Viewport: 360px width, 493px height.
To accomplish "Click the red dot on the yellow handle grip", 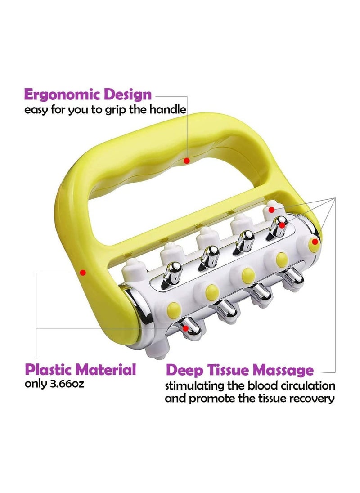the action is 187,161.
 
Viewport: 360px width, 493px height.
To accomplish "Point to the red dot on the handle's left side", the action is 83,272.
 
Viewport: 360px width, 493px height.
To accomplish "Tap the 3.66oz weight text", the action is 67,384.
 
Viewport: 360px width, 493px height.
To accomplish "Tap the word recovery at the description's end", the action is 311,399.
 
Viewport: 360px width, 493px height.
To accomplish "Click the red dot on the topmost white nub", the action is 272,209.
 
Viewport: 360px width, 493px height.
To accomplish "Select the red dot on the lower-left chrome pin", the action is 186,328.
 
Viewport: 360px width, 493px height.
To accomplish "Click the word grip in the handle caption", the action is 115,110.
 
